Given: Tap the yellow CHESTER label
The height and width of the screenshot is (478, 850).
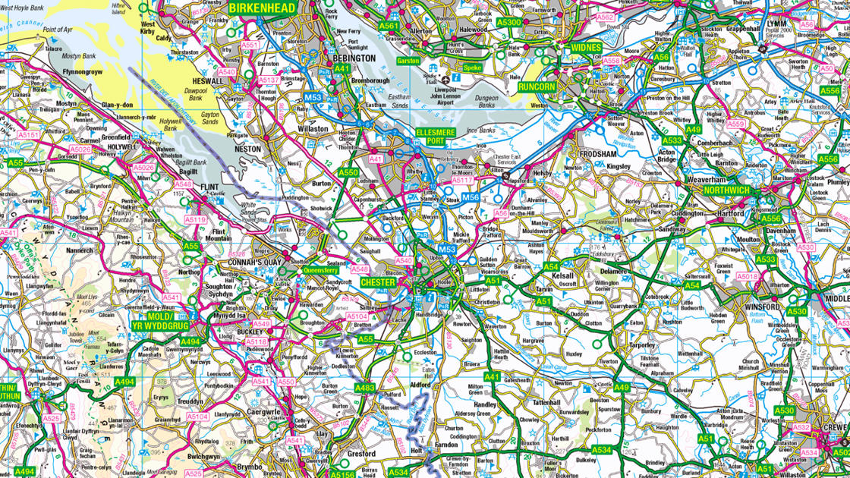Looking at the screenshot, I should click(x=378, y=282).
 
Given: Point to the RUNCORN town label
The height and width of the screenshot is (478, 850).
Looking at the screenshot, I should click(x=537, y=87).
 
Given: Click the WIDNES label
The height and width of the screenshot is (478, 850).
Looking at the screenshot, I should click(x=586, y=48).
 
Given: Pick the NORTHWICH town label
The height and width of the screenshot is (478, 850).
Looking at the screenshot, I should click(x=726, y=190).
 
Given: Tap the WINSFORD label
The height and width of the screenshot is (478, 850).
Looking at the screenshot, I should click(x=760, y=307).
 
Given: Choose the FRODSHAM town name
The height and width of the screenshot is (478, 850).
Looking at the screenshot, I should click(x=597, y=153).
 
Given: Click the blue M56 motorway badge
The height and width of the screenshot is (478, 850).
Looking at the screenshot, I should click(x=471, y=198).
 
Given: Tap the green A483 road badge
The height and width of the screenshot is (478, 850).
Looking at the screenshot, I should click(x=365, y=388).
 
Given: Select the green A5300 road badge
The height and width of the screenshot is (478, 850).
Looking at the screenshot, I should click(x=509, y=22).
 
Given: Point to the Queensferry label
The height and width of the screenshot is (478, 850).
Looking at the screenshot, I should click(x=320, y=269).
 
